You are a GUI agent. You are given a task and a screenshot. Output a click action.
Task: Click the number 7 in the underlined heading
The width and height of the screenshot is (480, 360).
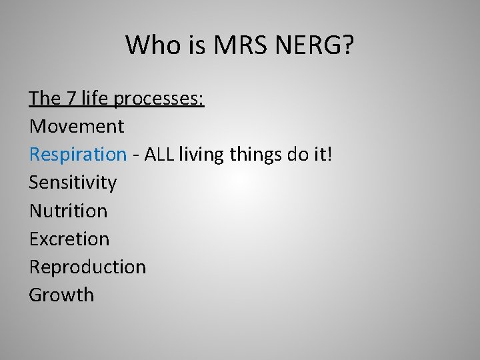(x=71, y=99)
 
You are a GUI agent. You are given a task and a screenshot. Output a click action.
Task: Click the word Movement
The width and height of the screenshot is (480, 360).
(x=77, y=126)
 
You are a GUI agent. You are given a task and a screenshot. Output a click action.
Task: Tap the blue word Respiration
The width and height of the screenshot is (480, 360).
(x=77, y=155)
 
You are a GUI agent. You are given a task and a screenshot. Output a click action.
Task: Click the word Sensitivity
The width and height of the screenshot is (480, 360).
(x=73, y=183)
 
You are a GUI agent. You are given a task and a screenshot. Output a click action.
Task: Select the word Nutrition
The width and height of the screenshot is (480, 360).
(x=68, y=211)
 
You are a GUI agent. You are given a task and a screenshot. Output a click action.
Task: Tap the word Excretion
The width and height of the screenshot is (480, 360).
(x=69, y=239)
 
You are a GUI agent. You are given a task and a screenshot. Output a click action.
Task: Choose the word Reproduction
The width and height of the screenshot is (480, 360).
(x=87, y=267)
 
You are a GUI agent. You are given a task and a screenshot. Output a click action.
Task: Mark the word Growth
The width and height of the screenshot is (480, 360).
(x=61, y=295)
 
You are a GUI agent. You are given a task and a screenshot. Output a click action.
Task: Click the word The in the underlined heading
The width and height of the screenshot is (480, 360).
(x=45, y=99)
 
